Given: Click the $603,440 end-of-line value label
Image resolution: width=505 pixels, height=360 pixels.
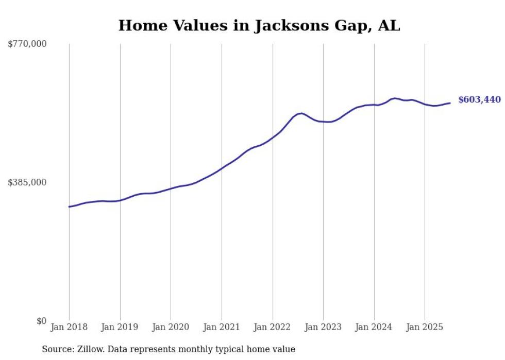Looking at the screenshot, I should [x=479, y=99].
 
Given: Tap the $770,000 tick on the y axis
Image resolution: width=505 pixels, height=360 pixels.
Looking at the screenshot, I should [x=27, y=44].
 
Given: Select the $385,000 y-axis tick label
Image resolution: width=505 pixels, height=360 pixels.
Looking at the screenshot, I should [x=27, y=182].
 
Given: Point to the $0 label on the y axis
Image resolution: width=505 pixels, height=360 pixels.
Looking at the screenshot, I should [x=41, y=321].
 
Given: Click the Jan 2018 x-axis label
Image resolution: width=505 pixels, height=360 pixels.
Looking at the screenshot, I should [x=69, y=327].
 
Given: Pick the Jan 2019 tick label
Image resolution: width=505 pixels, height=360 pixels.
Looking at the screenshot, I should [x=120, y=327].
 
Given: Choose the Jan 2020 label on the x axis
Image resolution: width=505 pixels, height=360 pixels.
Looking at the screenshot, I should [x=171, y=327].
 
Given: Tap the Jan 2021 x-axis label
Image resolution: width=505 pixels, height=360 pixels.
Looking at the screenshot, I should [x=222, y=327].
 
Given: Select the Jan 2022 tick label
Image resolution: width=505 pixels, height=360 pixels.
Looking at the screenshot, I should [x=273, y=327].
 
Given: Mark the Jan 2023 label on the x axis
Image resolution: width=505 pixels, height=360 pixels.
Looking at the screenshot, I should [x=323, y=327].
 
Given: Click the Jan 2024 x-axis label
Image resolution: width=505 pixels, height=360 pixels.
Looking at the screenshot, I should [x=374, y=327].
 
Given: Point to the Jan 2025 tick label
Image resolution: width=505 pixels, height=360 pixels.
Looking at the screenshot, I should [x=425, y=327].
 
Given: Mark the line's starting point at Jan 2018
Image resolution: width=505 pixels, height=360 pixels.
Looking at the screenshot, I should [x=69, y=207].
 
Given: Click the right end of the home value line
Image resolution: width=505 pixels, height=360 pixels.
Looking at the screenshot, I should [x=450, y=103].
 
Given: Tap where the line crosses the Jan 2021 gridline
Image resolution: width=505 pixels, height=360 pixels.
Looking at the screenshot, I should [x=222, y=168].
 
